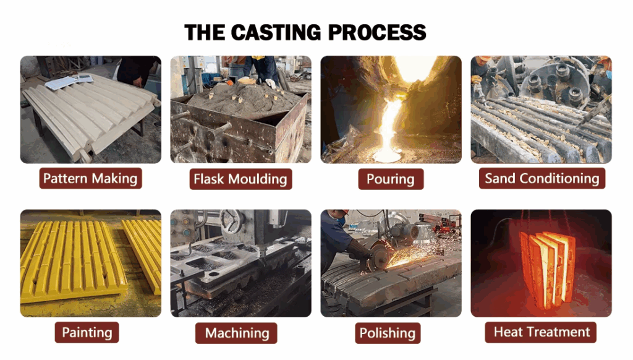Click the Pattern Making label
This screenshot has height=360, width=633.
90,179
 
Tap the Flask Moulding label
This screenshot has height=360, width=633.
240,179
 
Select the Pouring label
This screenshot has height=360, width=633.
390,179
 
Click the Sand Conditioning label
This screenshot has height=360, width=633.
542,179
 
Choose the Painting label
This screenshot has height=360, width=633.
87,332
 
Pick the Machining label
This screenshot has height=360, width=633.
237,333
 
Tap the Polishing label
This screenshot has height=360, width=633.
387,333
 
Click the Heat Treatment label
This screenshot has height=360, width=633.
542,332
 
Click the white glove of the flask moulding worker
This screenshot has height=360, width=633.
270,83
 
